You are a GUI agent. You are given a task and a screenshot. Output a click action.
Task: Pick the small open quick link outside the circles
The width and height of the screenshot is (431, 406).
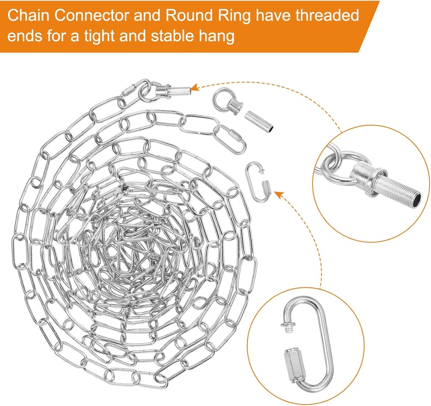coord(258,182)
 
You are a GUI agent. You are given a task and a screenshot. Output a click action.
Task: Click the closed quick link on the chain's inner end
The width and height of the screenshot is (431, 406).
coord(232,138)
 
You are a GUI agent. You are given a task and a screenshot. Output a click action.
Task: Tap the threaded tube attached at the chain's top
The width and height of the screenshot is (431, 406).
coord(177,89)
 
